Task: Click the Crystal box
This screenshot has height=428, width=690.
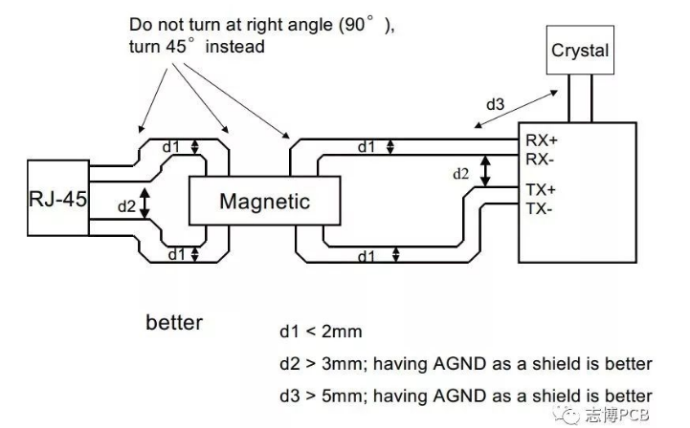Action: [580, 50]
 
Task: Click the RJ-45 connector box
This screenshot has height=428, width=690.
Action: [58, 198]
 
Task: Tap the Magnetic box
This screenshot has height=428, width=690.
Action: [264, 201]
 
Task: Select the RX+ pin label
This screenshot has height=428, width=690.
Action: [542, 140]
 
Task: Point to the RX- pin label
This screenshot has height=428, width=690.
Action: [540, 160]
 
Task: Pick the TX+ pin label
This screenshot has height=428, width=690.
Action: [541, 190]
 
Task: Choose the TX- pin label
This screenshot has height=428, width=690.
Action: [539, 208]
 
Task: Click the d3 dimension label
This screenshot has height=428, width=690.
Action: [495, 104]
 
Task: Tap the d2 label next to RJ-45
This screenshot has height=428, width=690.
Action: [126, 206]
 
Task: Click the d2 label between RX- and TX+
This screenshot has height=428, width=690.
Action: [460, 174]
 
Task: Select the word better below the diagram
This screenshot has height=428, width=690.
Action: [174, 323]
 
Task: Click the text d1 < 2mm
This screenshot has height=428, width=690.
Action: [321, 332]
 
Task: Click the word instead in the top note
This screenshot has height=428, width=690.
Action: [235, 46]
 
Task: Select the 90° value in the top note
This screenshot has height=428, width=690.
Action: [359, 24]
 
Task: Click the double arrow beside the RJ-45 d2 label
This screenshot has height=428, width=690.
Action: [145, 203]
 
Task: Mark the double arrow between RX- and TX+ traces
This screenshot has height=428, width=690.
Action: [485, 171]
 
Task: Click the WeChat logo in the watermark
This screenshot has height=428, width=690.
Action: [566, 414]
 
